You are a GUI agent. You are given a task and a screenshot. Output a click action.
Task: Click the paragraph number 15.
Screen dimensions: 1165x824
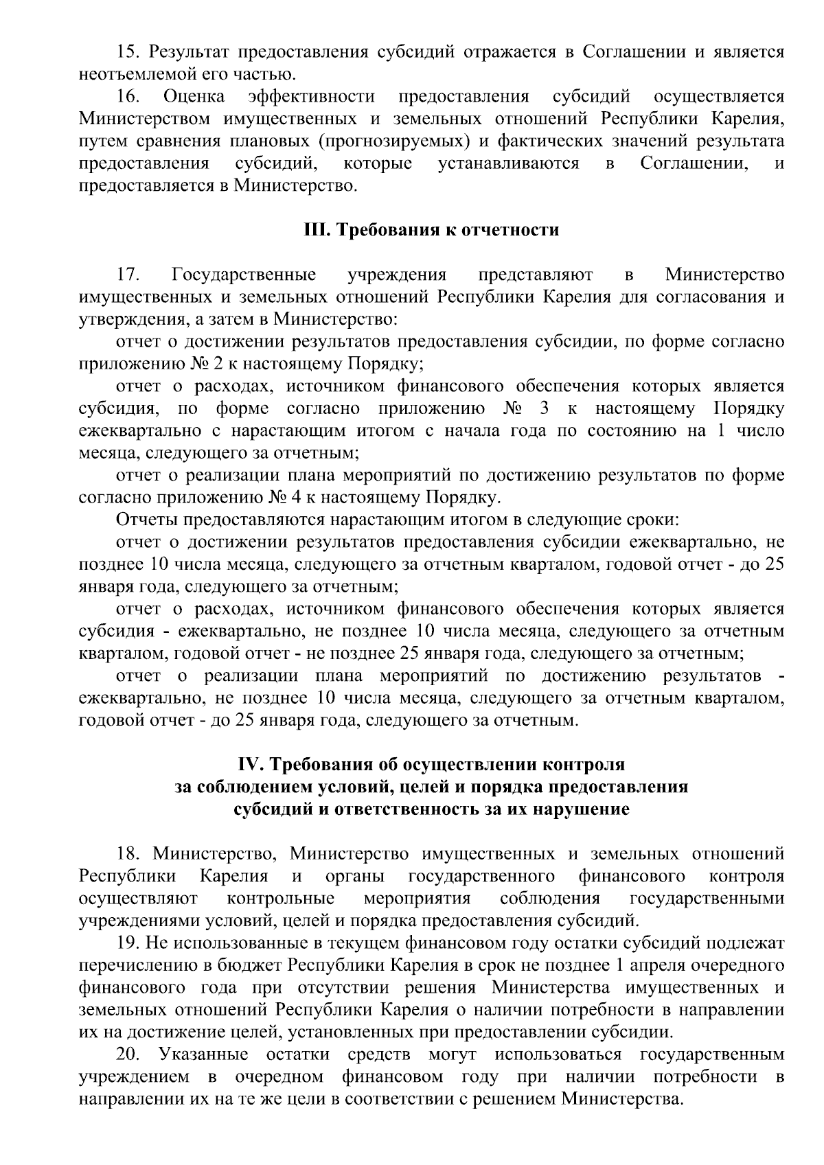(127, 52)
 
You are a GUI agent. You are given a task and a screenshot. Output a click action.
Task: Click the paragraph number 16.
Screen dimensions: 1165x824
(128, 97)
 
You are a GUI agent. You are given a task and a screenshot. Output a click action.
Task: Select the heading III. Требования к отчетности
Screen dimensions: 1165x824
(431, 230)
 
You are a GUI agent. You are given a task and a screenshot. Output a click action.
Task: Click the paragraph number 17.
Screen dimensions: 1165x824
(128, 275)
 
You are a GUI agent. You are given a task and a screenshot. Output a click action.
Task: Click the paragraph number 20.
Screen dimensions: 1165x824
(128, 1054)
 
